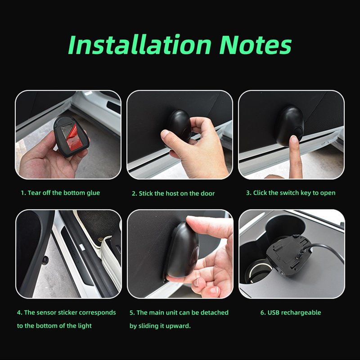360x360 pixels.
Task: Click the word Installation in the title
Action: tap(140, 45)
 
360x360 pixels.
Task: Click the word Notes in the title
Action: tap(255, 45)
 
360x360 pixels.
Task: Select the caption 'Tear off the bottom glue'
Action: tap(64, 193)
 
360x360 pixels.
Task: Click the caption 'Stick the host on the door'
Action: tap(176, 193)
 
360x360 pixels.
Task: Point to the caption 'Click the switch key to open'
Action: tap(294, 193)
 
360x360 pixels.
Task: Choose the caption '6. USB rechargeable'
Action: tap(291, 312)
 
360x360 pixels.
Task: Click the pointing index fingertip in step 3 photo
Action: tap(294, 139)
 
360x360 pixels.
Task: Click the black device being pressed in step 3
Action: tap(290, 126)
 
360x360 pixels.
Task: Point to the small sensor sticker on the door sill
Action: tap(45, 260)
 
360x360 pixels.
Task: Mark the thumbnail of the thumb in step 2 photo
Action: tap(165, 134)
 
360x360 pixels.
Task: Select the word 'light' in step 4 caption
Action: tap(85, 326)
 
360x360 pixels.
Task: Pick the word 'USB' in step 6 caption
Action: tap(274, 312)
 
